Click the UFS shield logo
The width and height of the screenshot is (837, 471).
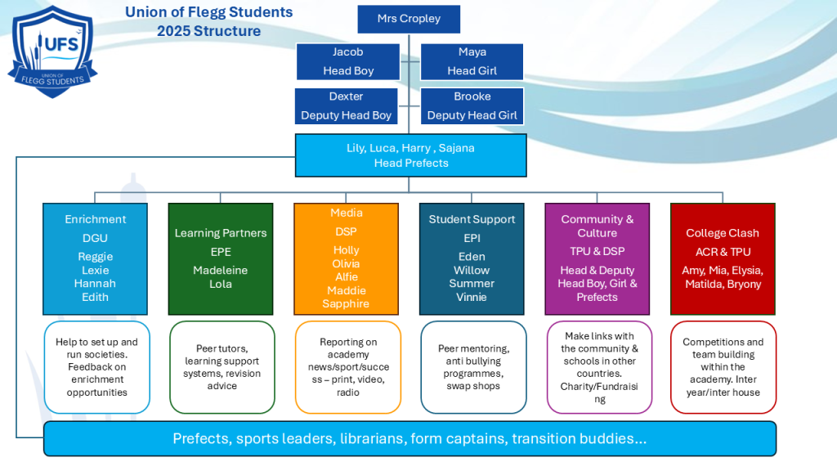pos(52,51)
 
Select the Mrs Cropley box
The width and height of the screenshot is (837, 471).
pos(409,19)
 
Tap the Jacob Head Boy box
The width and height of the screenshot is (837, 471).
pos(347,61)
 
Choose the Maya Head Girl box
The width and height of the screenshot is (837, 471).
pos(472,61)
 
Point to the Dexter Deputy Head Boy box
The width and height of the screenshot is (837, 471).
pos(346,106)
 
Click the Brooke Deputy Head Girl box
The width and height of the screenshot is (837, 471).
pos(472,106)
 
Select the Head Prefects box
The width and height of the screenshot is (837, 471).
pos(410,155)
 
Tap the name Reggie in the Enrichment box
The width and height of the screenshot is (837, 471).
pos(95,257)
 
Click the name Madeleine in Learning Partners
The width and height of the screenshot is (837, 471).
pos(220,270)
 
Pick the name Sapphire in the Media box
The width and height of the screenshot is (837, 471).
pos(346,303)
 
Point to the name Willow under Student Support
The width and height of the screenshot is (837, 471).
pos(472,270)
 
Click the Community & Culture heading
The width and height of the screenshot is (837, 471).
pos(597,226)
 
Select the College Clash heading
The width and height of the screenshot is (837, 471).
pos(723,233)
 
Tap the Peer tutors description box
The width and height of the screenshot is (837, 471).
pos(222,367)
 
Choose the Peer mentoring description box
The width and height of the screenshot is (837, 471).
pos(472,367)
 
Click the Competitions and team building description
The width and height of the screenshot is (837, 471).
pos(723,367)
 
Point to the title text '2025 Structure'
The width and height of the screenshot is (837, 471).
pos(209,31)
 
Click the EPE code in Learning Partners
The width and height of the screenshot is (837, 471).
pos(221,252)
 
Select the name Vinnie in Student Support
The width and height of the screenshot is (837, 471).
pos(472,297)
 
